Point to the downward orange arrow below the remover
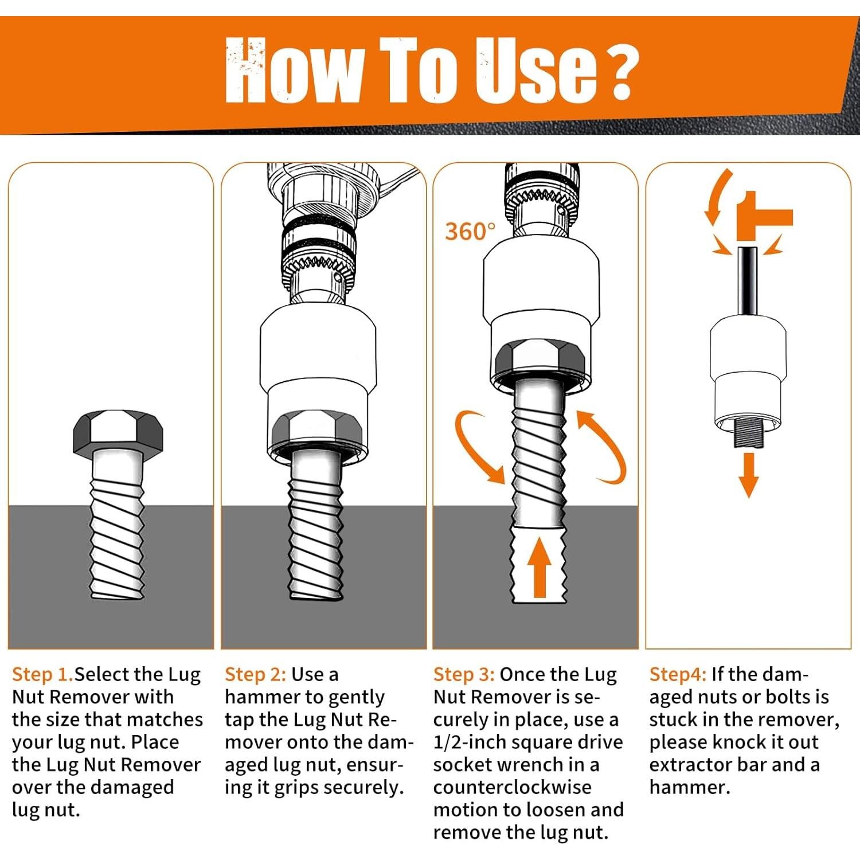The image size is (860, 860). [x=748, y=475]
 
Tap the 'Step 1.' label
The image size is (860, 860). [x=43, y=675]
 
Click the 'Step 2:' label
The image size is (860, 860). [x=255, y=675]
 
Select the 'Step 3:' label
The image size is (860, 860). [x=464, y=675]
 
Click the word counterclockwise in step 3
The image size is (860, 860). [x=512, y=787]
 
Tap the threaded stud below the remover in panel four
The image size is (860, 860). [x=748, y=433]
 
